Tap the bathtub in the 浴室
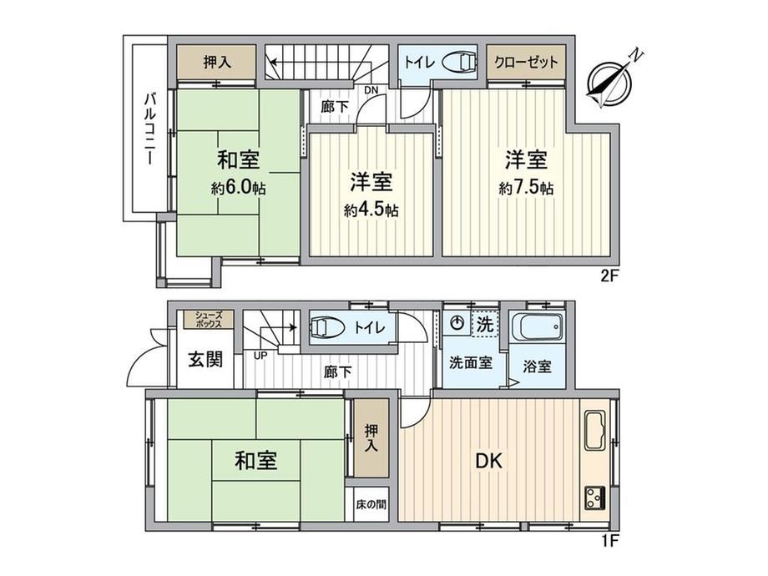click(x=537, y=327)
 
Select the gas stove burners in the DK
click(x=594, y=498)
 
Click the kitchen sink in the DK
click(x=594, y=431)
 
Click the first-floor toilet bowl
click(x=326, y=327)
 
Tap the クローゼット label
click(x=526, y=63)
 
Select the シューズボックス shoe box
click(x=209, y=320)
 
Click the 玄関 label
click(x=205, y=360)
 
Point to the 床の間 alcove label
click(x=371, y=504)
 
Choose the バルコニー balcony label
click(x=150, y=129)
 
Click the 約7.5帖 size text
click(x=526, y=188)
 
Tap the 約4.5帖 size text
click(x=371, y=210)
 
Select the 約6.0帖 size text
click(x=239, y=188)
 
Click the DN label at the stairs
click(x=371, y=90)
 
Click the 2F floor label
click(x=610, y=275)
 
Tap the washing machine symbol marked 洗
click(x=485, y=324)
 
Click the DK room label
click(x=489, y=461)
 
